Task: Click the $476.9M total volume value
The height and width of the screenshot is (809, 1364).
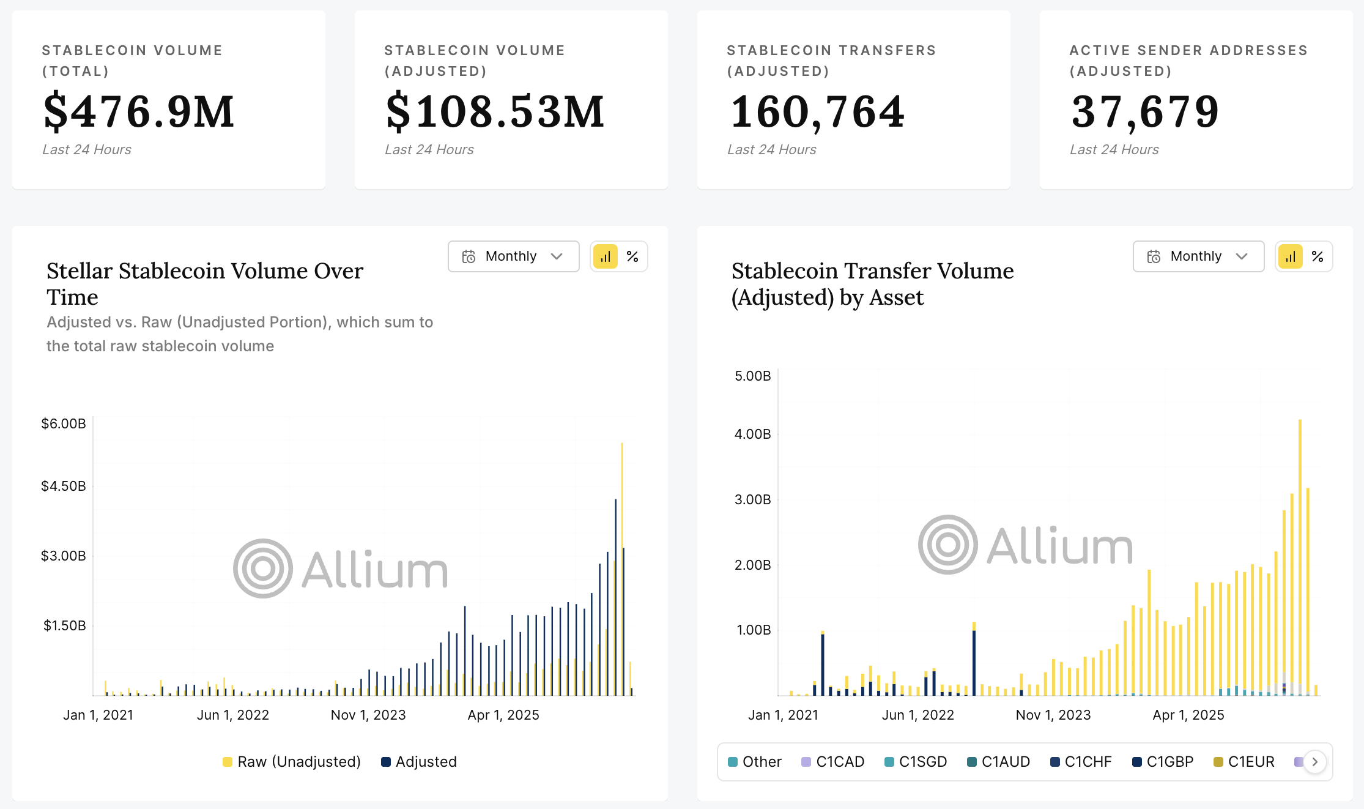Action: pyautogui.click(x=139, y=111)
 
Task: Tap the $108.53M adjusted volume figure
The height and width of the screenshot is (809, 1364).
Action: pyautogui.click(x=495, y=111)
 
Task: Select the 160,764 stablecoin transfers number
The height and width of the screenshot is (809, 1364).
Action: pyautogui.click(x=817, y=111)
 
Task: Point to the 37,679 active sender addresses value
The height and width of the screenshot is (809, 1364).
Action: pyautogui.click(x=1145, y=111)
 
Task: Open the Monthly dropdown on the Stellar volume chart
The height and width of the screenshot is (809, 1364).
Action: pyautogui.click(x=513, y=256)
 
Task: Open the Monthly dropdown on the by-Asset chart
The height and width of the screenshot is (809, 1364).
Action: pyautogui.click(x=1198, y=256)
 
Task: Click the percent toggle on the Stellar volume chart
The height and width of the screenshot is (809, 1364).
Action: pyautogui.click(x=632, y=256)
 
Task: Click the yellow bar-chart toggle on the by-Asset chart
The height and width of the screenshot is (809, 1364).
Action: pyautogui.click(x=1291, y=256)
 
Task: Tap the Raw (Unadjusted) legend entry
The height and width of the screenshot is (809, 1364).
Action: pyautogui.click(x=292, y=762)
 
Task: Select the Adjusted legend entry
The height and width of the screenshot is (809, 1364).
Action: pyautogui.click(x=419, y=762)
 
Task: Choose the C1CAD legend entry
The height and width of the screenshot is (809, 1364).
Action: pyautogui.click(x=833, y=762)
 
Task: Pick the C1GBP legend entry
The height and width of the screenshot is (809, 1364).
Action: pyautogui.click(x=1163, y=762)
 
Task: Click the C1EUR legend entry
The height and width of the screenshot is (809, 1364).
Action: pyautogui.click(x=1244, y=762)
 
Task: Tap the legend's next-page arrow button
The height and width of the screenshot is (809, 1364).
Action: pyautogui.click(x=1314, y=762)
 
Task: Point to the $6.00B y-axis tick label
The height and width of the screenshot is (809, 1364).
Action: pyautogui.click(x=64, y=423)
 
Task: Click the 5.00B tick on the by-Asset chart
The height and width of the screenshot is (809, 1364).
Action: pyautogui.click(x=753, y=376)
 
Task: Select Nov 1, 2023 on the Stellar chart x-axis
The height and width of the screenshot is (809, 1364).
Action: pyautogui.click(x=368, y=715)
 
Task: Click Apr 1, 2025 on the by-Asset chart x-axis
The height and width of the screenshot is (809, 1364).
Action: pyautogui.click(x=1188, y=715)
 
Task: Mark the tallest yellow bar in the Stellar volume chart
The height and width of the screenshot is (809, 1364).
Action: pyautogui.click(x=622, y=569)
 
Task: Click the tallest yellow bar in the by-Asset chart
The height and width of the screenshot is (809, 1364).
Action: pyautogui.click(x=1300, y=557)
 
